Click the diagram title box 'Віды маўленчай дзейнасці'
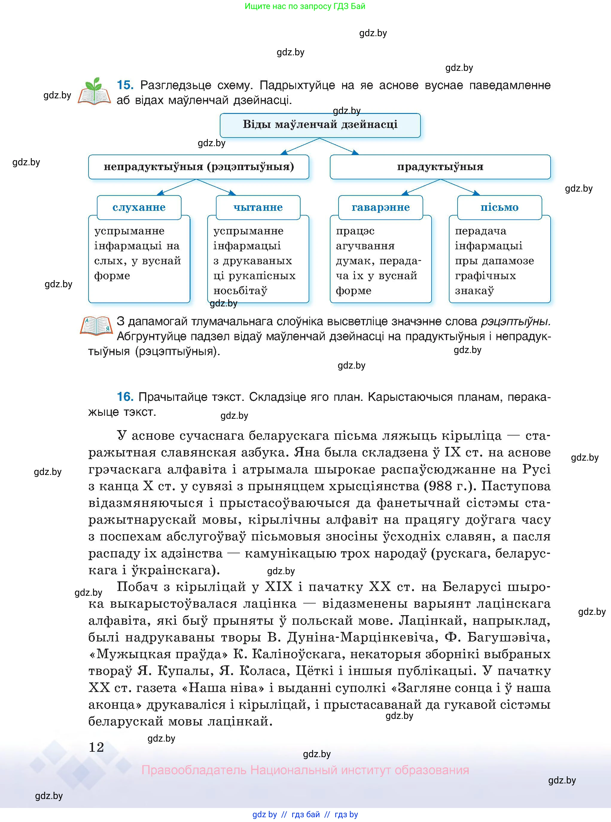[320, 125]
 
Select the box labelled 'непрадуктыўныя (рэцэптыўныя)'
[199, 167]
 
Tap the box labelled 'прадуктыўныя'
[440, 167]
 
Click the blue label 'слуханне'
[139, 207]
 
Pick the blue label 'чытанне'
[258, 207]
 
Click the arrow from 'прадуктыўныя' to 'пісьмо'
[461, 187]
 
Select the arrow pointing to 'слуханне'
[177, 187]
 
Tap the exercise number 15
[125, 85]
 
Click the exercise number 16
[125, 397]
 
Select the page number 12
[97, 747]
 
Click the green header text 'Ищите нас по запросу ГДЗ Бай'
[305, 6]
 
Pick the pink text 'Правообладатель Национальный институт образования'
[305, 770]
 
